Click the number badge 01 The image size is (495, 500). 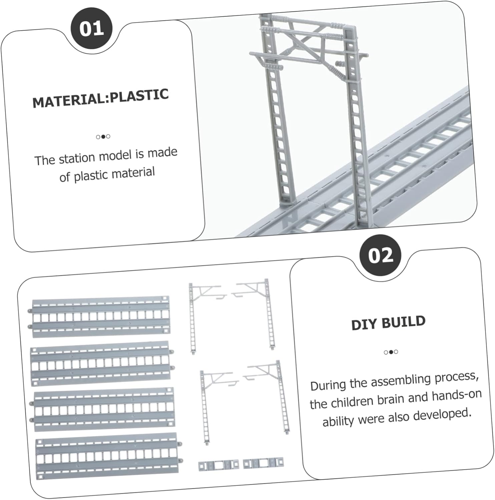pos(91,29)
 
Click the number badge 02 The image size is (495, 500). pos(381,255)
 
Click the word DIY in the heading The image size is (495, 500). pos(364,324)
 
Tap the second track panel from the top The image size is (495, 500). pos(101,363)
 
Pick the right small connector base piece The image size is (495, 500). pos(263,463)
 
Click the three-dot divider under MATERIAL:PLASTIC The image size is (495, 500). pos(103,136)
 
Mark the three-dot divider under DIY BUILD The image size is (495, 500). pos(391,352)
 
